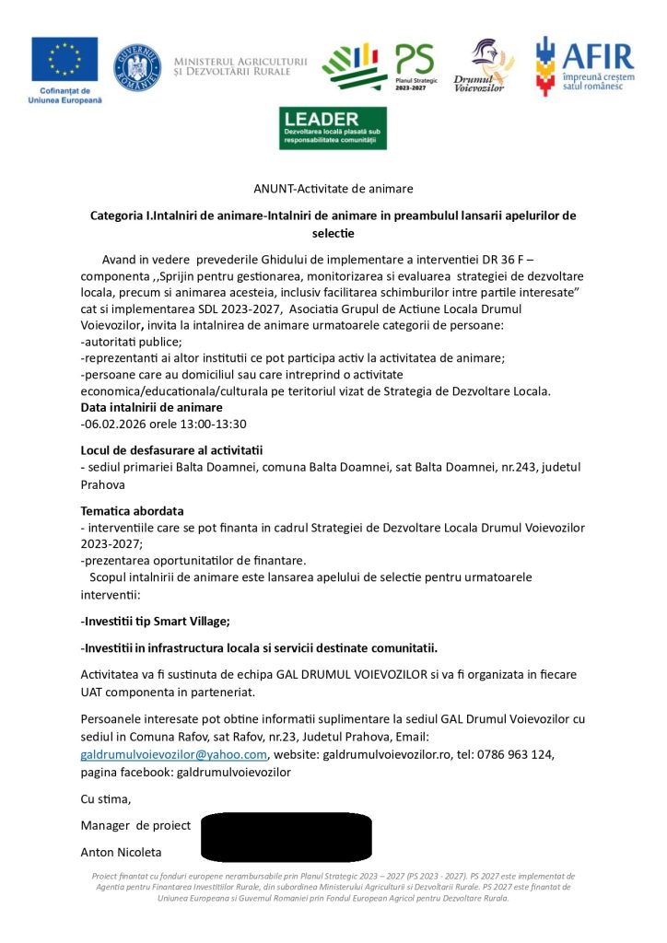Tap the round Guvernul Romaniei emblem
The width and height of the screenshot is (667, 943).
click(x=136, y=68)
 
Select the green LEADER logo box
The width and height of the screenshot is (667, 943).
click(x=333, y=128)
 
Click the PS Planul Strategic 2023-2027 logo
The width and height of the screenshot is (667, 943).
click(x=414, y=64)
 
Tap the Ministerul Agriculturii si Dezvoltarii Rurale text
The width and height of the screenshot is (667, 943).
click(x=240, y=66)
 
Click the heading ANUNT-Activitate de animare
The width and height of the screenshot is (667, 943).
click(x=333, y=189)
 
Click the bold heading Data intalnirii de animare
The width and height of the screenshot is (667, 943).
click(x=152, y=407)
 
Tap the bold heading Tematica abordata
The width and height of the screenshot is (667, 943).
click(x=133, y=510)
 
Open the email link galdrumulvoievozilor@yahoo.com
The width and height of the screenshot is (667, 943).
click(x=174, y=754)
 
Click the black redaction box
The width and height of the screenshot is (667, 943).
click(x=286, y=836)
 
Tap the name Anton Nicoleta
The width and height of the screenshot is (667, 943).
click(x=121, y=852)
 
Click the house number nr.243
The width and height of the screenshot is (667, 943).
click(x=496, y=468)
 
